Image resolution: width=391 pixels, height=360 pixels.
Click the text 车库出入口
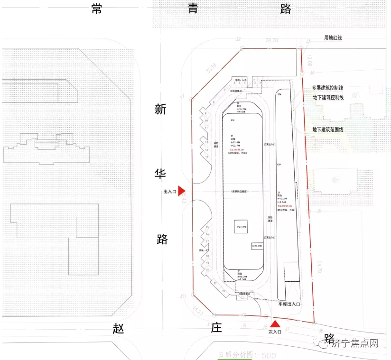pyautogui.click(x=290, y=304)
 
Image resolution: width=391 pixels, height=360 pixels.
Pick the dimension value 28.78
pyautogui.click(x=272, y=41)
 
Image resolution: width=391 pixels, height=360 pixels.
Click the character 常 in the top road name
pyautogui.click(x=97, y=9)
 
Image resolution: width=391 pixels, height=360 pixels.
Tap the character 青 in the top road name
pyautogui.click(x=192, y=9)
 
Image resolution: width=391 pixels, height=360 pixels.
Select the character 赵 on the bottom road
pyautogui.click(x=119, y=328)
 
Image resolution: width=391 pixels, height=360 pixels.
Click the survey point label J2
pyautogui.click(x=238, y=39)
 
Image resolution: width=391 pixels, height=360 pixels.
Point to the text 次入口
pyautogui.click(x=275, y=332)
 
